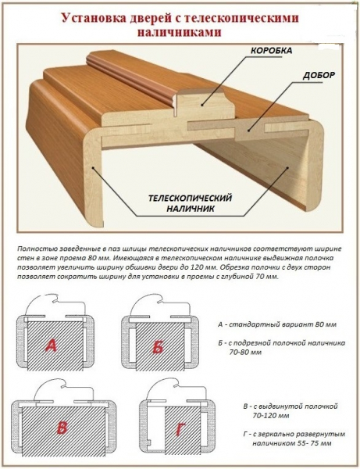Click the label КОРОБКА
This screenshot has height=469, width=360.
coord(271,51)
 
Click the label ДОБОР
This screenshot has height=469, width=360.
coord(319,75)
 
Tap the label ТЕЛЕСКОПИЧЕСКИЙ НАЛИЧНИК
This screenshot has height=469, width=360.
coord(190,203)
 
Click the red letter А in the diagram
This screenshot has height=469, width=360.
coord(52,345)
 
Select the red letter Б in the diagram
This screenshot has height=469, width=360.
coord(159,347)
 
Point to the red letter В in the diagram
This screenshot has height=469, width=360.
coord(62,428)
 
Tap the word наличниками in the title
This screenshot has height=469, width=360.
coord(180,32)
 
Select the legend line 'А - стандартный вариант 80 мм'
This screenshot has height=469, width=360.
coord(277,324)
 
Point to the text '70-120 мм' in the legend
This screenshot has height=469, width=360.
coord(271,416)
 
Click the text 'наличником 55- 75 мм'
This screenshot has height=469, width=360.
coord(292,443)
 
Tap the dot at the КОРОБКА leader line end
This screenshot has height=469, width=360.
coord(202,105)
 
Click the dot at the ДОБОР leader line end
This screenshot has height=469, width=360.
coord(248,131)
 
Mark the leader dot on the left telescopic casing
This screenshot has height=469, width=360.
coord(93,168)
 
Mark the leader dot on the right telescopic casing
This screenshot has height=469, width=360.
coord(287,168)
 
